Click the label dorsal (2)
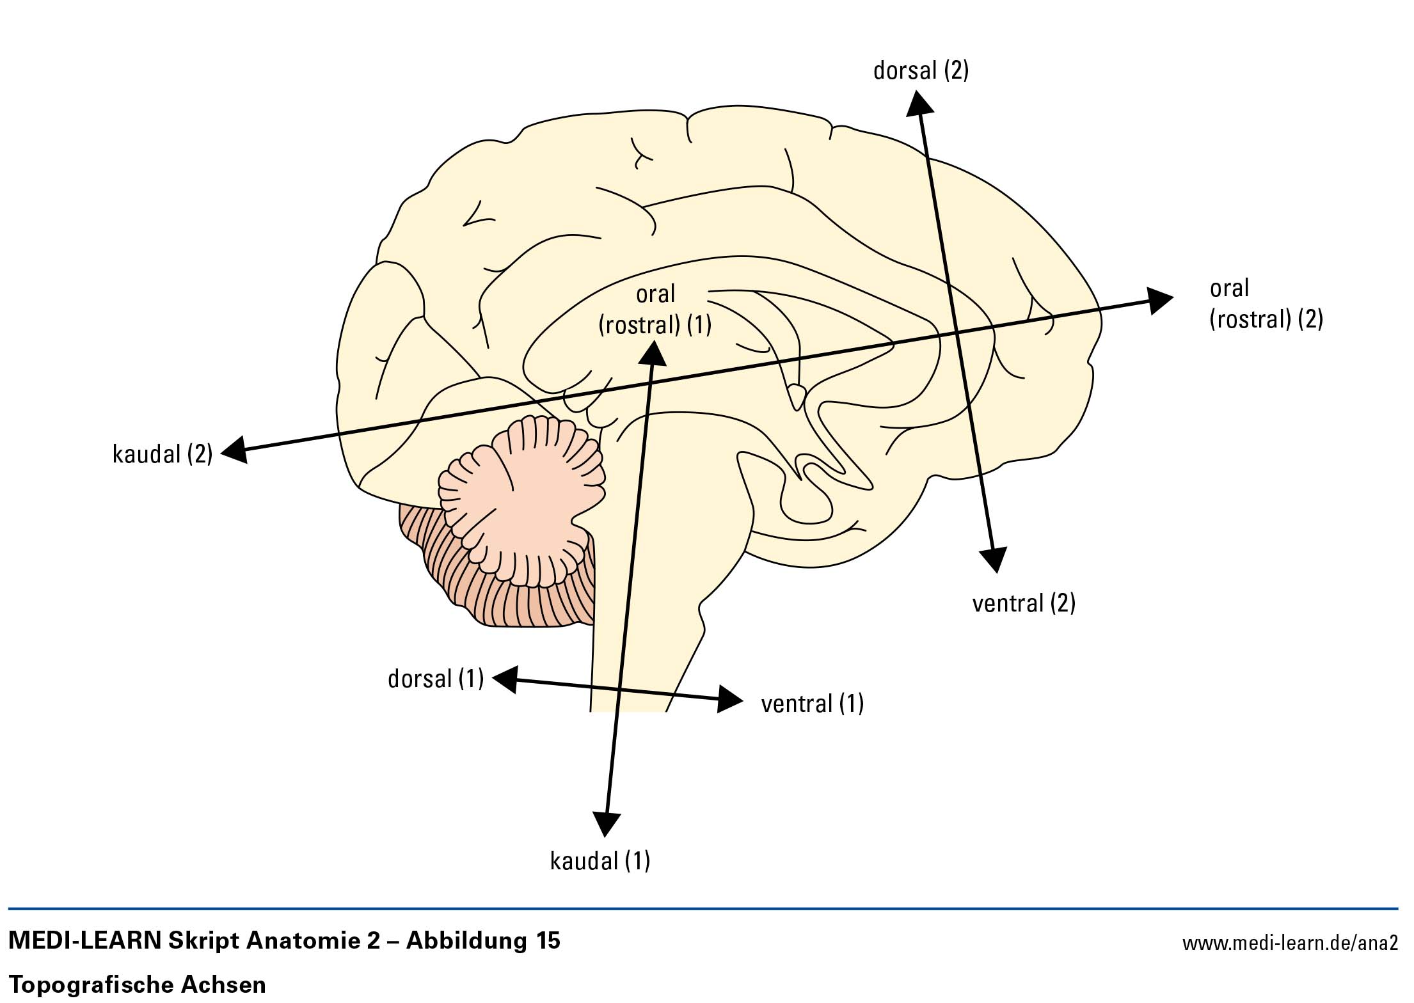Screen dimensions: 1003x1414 (x=921, y=70)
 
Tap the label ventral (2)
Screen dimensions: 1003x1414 (x=1024, y=603)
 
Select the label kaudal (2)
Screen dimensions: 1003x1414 (x=163, y=454)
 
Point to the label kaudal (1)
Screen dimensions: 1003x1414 (x=600, y=861)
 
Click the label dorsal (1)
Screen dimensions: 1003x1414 (x=436, y=679)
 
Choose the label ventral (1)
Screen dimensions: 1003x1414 (x=812, y=704)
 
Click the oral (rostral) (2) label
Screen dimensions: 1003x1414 (x=1266, y=304)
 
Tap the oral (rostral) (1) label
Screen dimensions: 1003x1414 (x=655, y=310)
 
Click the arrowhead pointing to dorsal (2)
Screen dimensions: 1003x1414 (x=918, y=102)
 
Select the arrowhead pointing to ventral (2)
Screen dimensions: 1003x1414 (x=994, y=558)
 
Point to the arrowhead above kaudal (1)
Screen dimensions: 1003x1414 (x=606, y=823)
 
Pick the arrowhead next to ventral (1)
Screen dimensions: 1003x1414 (x=729, y=700)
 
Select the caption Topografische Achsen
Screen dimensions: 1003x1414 (x=138, y=984)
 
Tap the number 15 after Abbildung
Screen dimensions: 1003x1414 (x=545, y=940)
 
